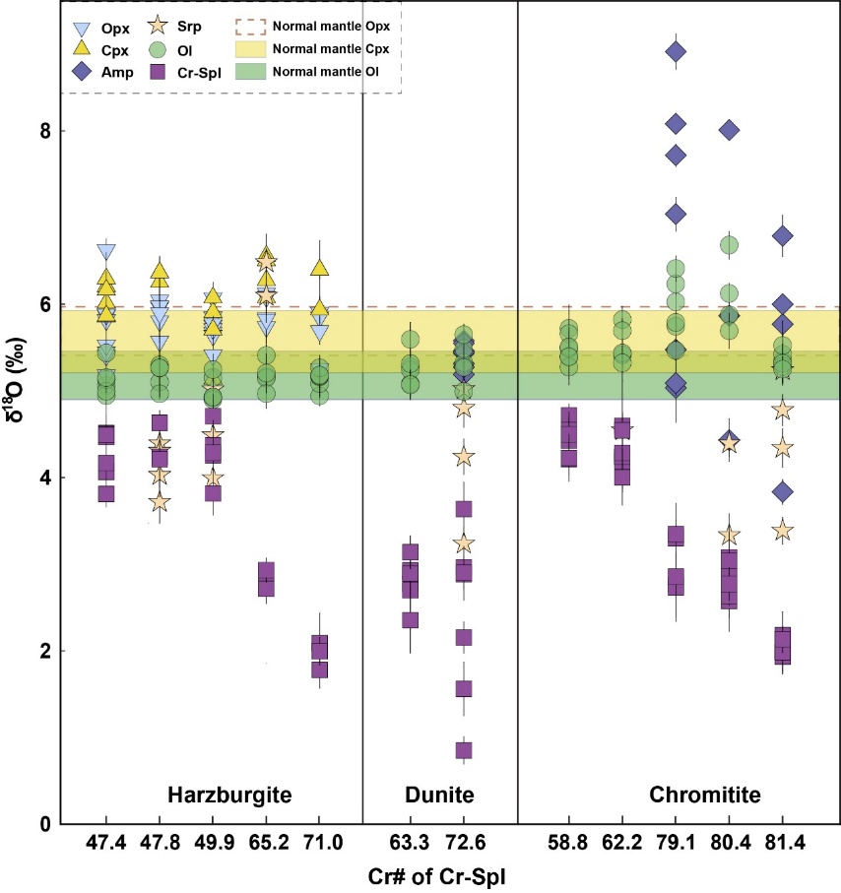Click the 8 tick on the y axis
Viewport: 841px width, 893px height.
tap(43, 131)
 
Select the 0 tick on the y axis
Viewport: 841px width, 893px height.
tap(43, 824)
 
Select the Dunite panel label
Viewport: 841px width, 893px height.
tap(440, 794)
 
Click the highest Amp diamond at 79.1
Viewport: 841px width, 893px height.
tap(676, 51)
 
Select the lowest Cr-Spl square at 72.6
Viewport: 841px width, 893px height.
tap(464, 750)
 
